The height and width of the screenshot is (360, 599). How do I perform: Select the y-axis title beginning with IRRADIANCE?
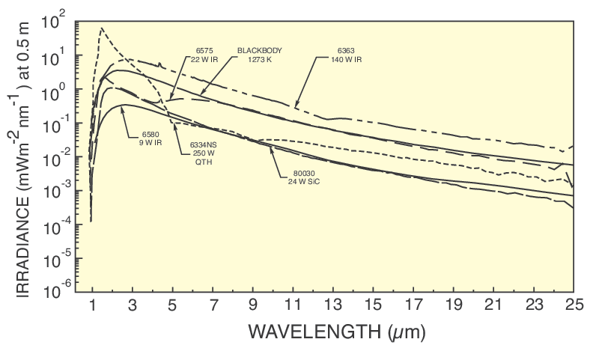pyautogui.click(x=24, y=157)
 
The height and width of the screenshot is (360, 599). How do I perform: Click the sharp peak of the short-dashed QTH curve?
pyautogui.click(x=101, y=28)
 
